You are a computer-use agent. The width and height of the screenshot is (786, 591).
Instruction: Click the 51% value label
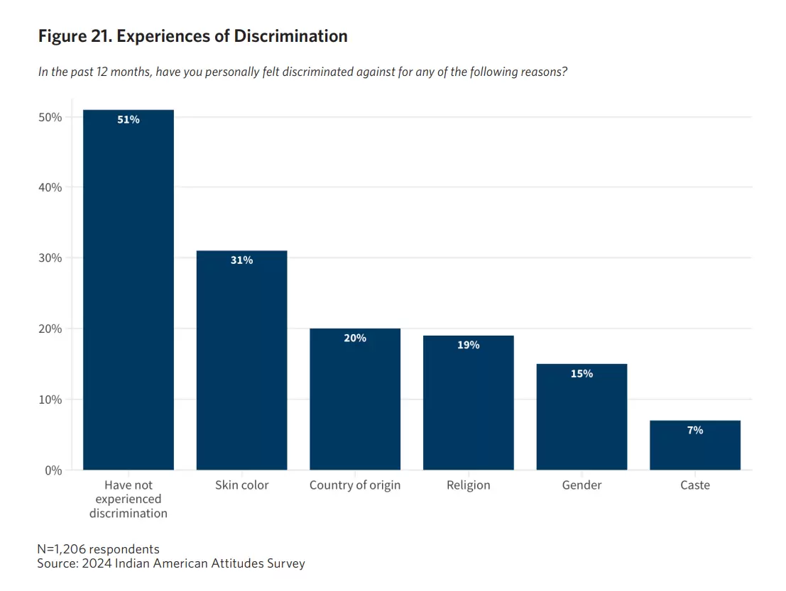point(129,120)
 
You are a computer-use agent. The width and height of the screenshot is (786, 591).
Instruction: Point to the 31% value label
point(241,260)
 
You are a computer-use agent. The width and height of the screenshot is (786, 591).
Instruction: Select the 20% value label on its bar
point(355,338)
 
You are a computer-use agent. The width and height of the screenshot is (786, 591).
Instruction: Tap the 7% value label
point(694,430)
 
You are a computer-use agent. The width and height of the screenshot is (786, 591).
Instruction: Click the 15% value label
point(582,373)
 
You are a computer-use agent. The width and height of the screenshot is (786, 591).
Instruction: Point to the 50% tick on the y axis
point(50,117)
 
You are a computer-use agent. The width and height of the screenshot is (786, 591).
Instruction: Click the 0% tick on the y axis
point(53,470)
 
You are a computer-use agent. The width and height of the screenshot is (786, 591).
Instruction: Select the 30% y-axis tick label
point(50,258)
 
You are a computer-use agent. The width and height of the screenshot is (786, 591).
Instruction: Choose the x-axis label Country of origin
point(355,485)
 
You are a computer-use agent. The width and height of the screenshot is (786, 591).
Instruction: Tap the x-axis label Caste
point(694,485)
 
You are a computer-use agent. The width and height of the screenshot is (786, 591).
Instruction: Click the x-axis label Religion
point(468,485)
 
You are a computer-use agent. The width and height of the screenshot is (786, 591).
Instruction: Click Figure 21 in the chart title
point(74,36)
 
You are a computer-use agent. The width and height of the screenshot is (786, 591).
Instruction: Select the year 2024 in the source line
point(97,564)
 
